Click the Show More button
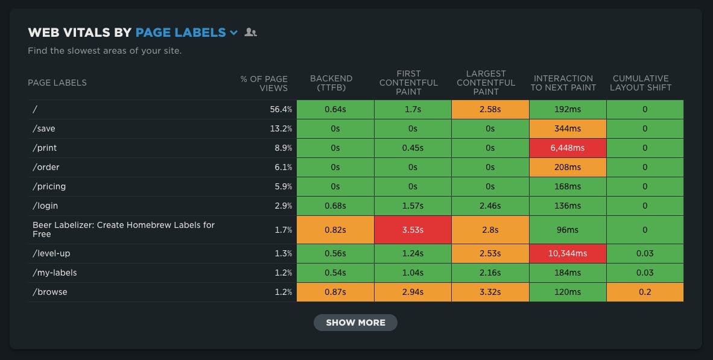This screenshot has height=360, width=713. coord(355,323)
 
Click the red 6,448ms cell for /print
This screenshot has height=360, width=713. coord(568,148)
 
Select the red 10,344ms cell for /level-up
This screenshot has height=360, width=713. coord(568,253)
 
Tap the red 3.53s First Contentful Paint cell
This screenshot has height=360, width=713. coord(413,230)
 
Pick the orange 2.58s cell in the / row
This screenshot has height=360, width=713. coord(490,109)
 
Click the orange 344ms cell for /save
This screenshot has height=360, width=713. coord(568,128)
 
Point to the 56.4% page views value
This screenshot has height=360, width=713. coord(281,109)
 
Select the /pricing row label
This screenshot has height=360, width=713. coord(49,186)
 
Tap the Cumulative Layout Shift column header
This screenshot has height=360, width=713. coord(641,83)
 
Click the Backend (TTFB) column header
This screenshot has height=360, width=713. coord(331,83)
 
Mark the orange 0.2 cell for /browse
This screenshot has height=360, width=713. coord(645,292)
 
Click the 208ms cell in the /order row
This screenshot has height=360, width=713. coord(568,167)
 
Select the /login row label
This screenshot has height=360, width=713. coord(45,206)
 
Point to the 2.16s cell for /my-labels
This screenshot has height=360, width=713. coord(490,273)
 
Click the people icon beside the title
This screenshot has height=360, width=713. coord(250,33)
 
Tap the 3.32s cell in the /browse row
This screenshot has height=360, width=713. coord(490,292)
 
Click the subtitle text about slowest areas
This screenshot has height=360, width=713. coord(104,51)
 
